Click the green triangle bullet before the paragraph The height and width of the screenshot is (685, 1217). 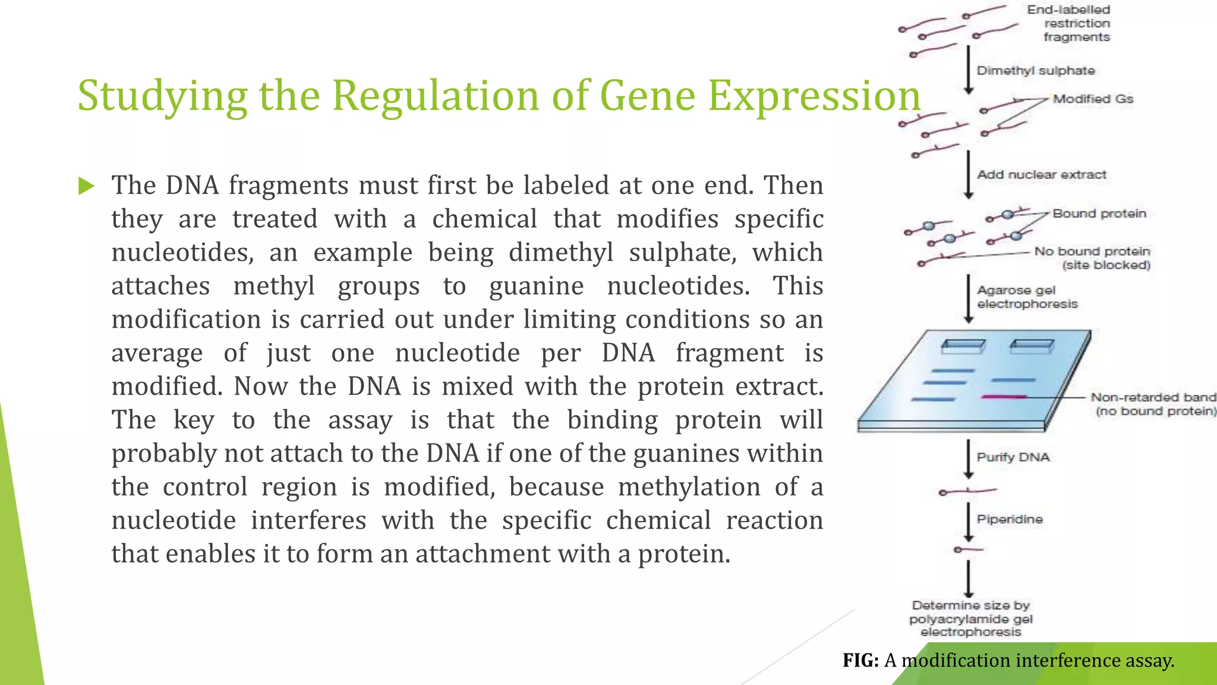pyautogui.click(x=86, y=186)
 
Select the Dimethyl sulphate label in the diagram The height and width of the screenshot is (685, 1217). pyautogui.click(x=1036, y=71)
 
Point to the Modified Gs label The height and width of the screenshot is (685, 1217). pyautogui.click(x=1093, y=99)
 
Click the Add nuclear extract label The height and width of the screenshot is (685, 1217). pyautogui.click(x=1042, y=175)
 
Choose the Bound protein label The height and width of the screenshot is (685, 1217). pyautogui.click(x=1099, y=213)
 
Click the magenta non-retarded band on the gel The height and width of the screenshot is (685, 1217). pyautogui.click(x=1004, y=397)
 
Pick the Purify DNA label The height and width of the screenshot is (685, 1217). pyautogui.click(x=1013, y=457)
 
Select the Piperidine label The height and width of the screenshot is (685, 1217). pyautogui.click(x=1010, y=519)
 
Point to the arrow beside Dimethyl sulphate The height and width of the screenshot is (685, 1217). pyautogui.click(x=969, y=70)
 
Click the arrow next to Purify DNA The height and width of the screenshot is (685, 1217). pyautogui.click(x=969, y=458)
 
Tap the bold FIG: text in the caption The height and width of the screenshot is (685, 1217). pyautogui.click(x=860, y=661)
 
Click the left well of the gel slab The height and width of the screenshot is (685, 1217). pyautogui.click(x=963, y=345)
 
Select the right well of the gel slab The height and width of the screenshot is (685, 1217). pyautogui.click(x=1032, y=345)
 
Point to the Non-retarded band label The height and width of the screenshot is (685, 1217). pyautogui.click(x=1153, y=404)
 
